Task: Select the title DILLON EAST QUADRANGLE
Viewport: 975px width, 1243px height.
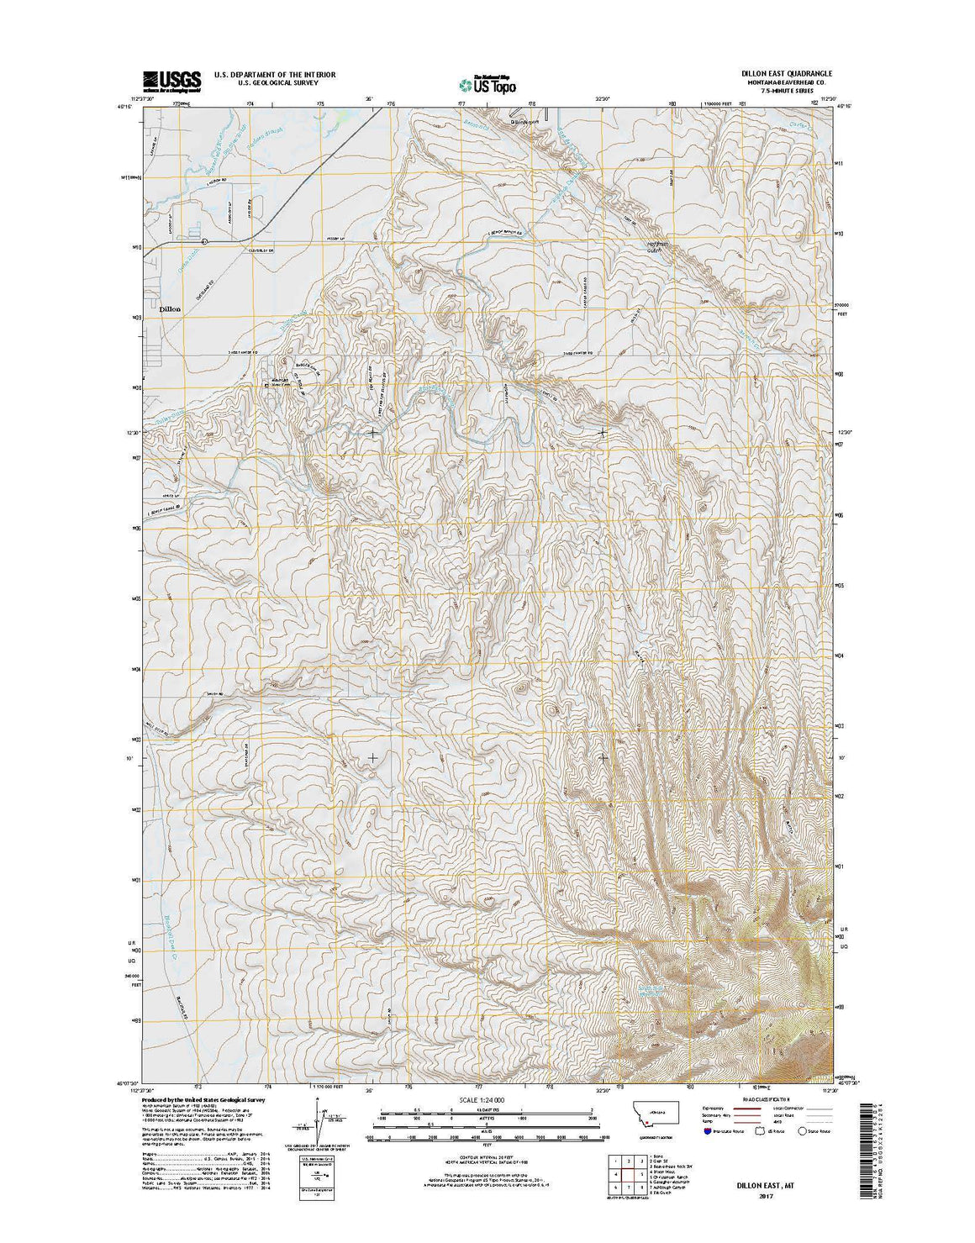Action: pyautogui.click(x=775, y=74)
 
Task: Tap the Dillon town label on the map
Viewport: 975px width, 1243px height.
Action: pyautogui.click(x=170, y=308)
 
